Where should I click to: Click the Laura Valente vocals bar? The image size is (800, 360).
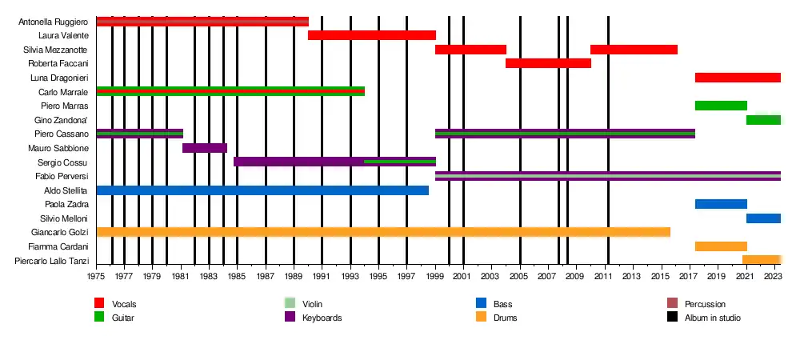click(x=371, y=35)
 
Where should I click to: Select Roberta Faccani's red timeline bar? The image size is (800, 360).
click(x=548, y=63)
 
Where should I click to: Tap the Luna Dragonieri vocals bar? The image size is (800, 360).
click(x=738, y=78)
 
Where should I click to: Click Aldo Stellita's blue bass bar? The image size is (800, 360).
click(x=262, y=190)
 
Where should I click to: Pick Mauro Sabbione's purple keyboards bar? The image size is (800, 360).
click(x=205, y=148)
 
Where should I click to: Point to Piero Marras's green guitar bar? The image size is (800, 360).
click(x=721, y=106)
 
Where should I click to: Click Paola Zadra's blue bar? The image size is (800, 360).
click(x=721, y=204)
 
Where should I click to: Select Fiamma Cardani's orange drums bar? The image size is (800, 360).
click(x=721, y=246)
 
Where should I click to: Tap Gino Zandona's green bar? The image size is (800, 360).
click(x=763, y=120)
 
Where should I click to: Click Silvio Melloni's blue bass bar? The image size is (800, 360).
click(x=763, y=218)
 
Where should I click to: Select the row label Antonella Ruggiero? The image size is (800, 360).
click(x=54, y=22)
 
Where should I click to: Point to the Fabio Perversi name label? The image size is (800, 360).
click(x=62, y=176)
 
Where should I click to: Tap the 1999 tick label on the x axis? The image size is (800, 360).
click(x=435, y=277)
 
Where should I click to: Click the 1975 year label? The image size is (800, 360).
click(x=96, y=277)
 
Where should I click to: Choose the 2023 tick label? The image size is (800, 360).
click(x=774, y=277)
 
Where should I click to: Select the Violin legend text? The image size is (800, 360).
click(x=312, y=304)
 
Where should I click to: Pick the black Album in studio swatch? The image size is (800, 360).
click(x=672, y=318)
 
